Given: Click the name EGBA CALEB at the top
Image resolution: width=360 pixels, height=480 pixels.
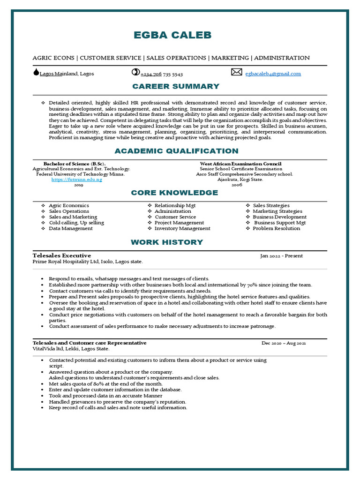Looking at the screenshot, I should (172, 35).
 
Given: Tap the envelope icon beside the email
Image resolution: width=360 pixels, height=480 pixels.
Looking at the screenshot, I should (237, 72).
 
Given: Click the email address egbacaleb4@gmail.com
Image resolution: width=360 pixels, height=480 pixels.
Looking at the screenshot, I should (273, 74).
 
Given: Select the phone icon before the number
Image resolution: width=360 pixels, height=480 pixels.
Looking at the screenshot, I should (135, 72).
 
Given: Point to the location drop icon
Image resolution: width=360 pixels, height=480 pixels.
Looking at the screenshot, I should (36, 72).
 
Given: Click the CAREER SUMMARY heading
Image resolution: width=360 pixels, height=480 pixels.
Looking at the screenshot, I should (176, 86).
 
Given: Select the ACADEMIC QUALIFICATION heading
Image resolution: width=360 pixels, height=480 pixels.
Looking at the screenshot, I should (176, 151).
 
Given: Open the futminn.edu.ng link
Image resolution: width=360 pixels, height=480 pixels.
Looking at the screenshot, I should (77, 180).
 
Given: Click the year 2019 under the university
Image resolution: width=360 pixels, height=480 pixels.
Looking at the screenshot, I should (78, 185).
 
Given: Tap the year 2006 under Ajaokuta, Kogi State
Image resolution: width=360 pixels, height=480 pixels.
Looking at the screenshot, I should (237, 185).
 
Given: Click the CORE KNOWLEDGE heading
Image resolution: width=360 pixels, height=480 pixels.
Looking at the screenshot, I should (174, 193).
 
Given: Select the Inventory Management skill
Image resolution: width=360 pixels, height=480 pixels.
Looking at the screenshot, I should (182, 229).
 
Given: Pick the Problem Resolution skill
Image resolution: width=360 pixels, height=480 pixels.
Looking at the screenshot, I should (277, 229).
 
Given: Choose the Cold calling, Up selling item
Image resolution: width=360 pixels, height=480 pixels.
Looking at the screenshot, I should (76, 223).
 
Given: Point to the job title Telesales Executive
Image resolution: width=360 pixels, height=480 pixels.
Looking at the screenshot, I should (62, 255).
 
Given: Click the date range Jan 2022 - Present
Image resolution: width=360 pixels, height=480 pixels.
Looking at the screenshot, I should (281, 256).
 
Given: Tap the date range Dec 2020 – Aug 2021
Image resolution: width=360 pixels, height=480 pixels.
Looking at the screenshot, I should (284, 344).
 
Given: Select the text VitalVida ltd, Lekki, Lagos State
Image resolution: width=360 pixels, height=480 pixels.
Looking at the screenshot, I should (71, 349).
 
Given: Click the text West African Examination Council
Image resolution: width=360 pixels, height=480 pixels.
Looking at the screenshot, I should (240, 164).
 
